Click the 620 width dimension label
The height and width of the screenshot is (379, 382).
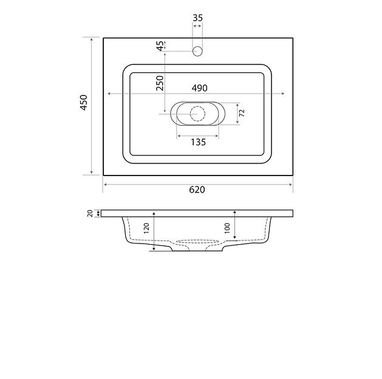tap(197, 189)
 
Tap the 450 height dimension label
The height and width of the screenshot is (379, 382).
tap(84, 103)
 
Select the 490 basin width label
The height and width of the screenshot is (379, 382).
tap(200, 88)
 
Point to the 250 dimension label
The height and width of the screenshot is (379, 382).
tap(160, 83)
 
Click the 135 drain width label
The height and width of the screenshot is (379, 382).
tap(199, 142)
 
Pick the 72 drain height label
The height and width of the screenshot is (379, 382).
tap(242, 113)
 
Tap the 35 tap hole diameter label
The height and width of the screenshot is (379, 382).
tap(197, 18)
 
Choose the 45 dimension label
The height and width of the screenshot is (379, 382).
tap(160, 46)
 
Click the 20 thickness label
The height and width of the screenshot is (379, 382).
tap(90, 213)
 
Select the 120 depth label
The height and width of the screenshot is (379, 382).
tap(146, 228)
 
